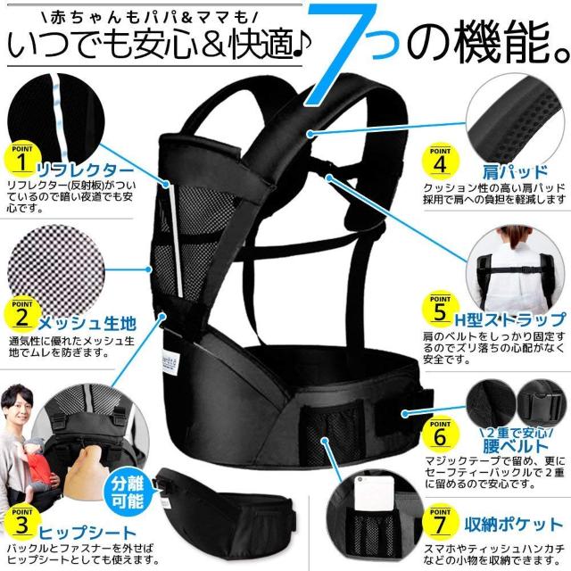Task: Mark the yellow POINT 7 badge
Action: pyautogui.click(x=438, y=517)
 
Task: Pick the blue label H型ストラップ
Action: pyautogui.click(x=509, y=319)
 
